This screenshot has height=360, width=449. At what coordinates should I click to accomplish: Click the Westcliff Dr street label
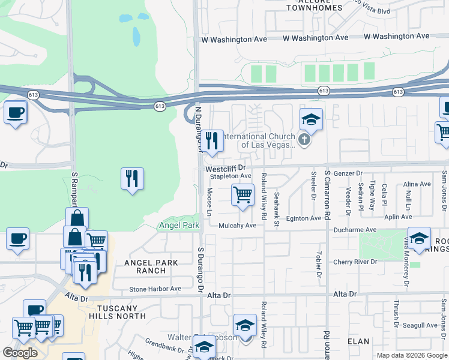[x=226, y=169]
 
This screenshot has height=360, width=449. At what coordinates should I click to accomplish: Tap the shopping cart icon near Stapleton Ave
[x=243, y=194]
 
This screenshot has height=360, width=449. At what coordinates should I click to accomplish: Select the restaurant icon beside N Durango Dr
[x=212, y=141]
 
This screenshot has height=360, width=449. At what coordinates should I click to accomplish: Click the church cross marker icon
[x=304, y=140]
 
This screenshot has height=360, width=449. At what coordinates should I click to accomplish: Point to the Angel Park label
[x=178, y=226]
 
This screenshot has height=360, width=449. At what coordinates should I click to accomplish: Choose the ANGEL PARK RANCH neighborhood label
[x=145, y=266]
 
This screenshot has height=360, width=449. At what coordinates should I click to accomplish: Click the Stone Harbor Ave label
[x=155, y=289]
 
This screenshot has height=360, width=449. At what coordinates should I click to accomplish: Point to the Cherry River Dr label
[x=355, y=262]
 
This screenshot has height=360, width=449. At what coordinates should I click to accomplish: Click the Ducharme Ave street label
[x=355, y=229]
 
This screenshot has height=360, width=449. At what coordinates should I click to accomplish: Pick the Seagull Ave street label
[x=421, y=325]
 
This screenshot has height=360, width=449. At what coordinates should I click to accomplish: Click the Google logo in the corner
[x=20, y=353]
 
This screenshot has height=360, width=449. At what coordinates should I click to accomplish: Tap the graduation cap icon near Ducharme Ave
[x=419, y=236]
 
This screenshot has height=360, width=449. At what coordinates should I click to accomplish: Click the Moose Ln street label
[x=209, y=202]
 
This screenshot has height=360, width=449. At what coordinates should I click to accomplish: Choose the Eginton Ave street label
[x=303, y=218]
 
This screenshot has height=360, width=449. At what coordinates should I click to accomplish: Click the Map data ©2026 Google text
[x=411, y=355]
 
